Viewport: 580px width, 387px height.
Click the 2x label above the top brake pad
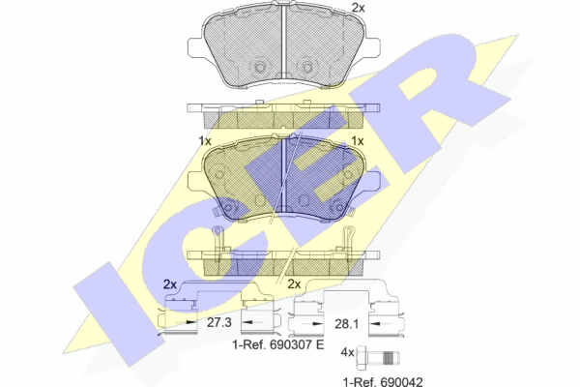pos(358,8)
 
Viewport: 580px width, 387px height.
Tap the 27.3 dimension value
pos(219,322)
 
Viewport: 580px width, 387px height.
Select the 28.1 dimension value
pos(347,324)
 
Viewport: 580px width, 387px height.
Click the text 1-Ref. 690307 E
pos(277,344)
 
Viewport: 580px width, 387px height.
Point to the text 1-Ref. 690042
pos(383,381)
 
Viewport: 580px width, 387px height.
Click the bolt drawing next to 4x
pos(378,358)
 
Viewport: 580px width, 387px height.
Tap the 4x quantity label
pos(347,352)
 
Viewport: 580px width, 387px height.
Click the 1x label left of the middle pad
pos(205,141)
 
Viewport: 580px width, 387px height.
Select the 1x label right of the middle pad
pos(358,141)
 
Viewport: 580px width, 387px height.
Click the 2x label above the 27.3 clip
pos(170,284)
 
